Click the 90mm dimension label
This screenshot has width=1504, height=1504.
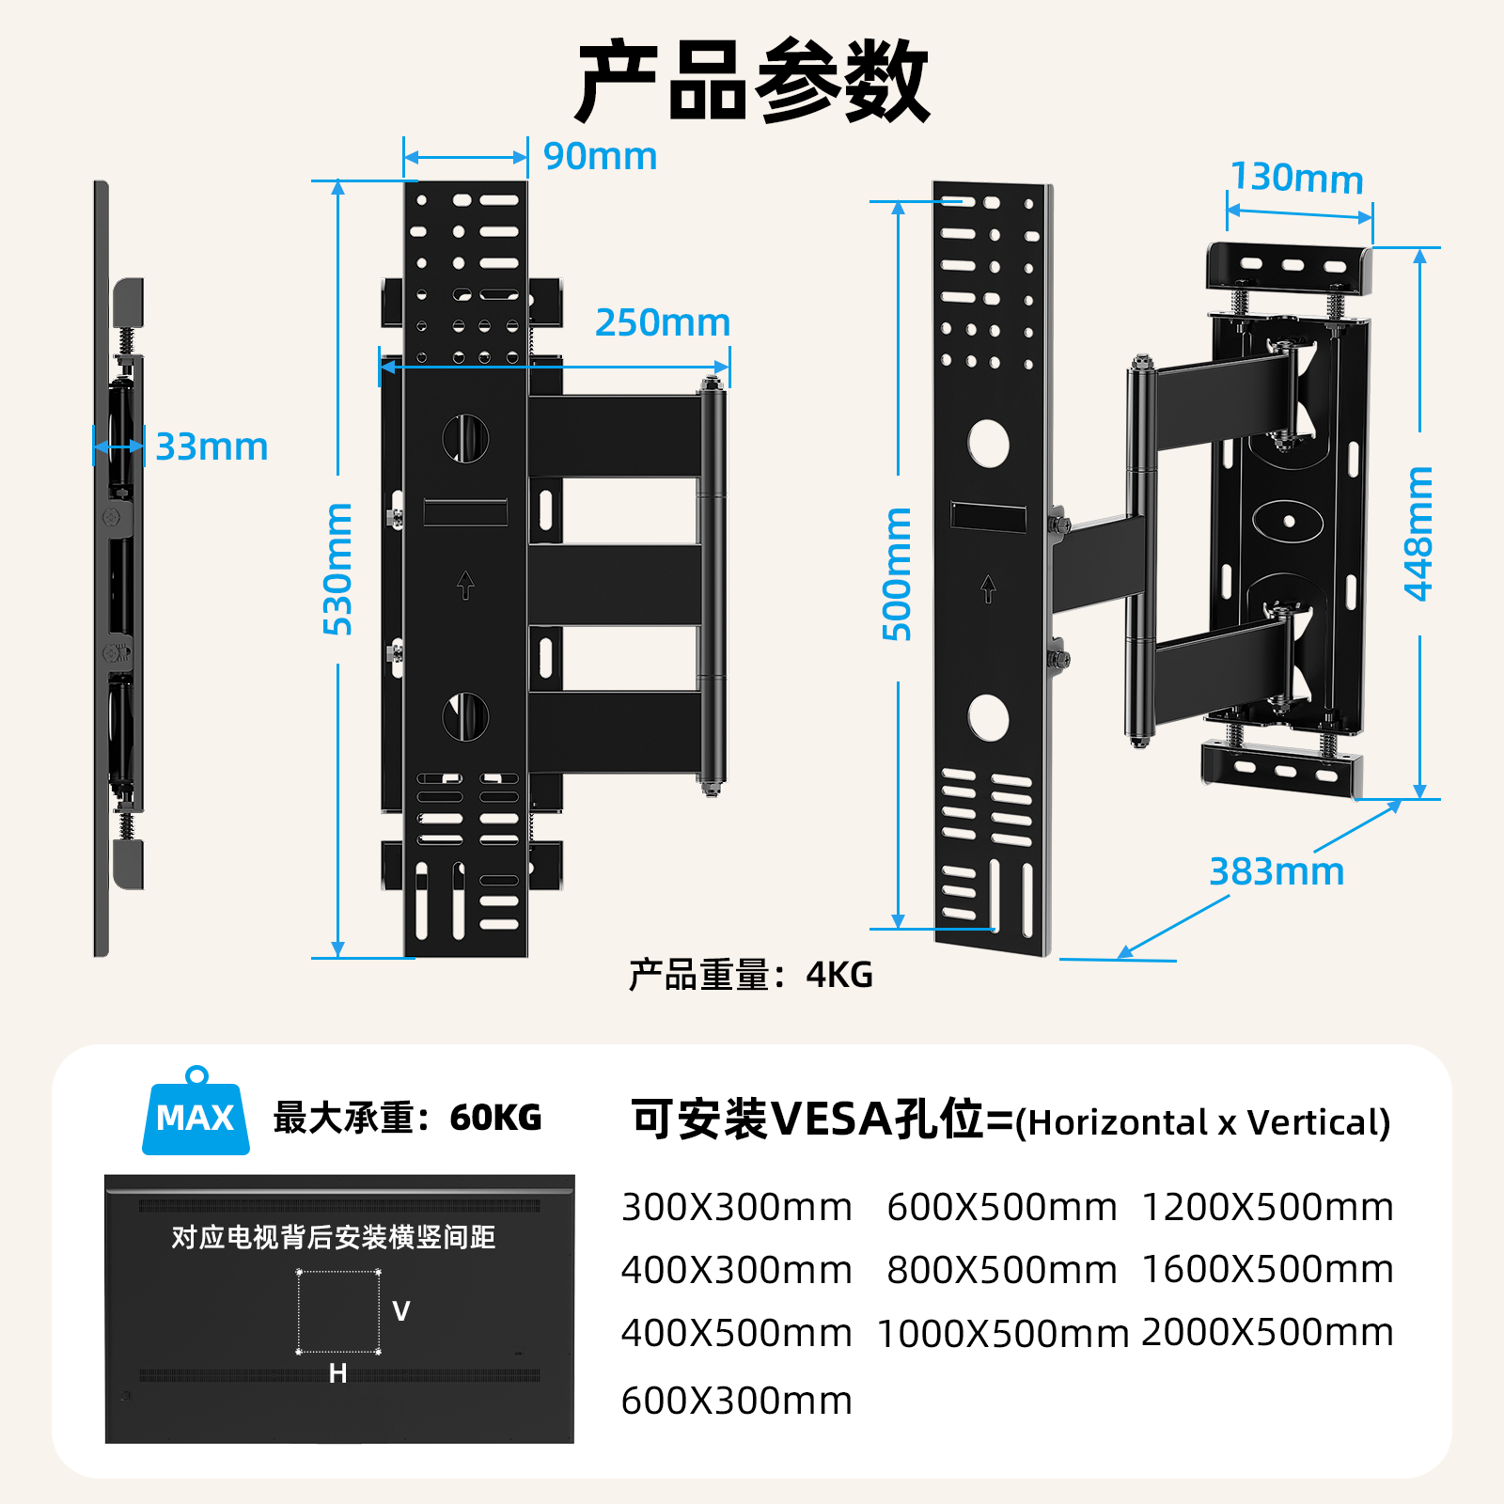(600, 156)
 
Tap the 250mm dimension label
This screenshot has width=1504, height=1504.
(663, 322)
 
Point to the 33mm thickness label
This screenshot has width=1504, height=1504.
(211, 446)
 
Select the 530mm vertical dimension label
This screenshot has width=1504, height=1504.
(337, 570)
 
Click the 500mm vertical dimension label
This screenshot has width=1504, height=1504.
(897, 573)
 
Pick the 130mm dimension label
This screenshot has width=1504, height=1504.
(1296, 178)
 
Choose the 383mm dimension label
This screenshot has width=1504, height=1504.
(1276, 871)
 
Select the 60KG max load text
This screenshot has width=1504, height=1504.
(495, 1118)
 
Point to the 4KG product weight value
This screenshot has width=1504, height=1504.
(838, 975)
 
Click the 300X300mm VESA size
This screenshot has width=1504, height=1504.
(736, 1207)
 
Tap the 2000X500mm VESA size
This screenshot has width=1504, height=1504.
(1267, 1332)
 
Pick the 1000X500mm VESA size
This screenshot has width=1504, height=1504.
(1002, 1334)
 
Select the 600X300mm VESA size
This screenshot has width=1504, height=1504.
(736, 1401)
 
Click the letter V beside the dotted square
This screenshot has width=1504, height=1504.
(401, 1311)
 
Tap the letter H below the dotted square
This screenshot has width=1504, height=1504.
(338, 1373)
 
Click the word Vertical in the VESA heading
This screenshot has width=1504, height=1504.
(1318, 1122)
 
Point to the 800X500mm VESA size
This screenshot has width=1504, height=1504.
(1001, 1270)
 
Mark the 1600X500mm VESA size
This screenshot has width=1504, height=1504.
(1267, 1269)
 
